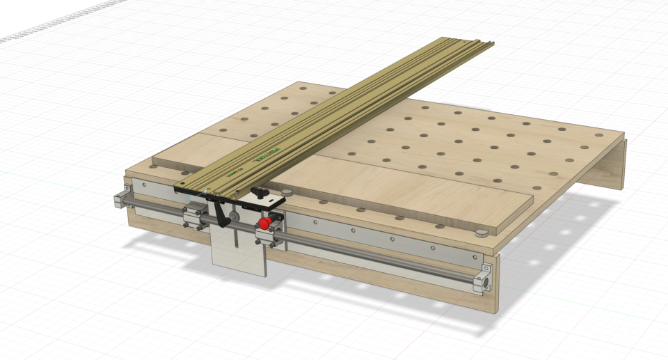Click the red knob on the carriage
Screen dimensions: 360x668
pos(265,224)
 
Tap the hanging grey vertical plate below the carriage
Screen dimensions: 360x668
pos(239,251)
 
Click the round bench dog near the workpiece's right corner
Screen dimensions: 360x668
pos(479,233)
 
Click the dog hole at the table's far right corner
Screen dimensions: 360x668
pos(597,134)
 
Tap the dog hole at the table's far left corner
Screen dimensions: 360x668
pos(303,90)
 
